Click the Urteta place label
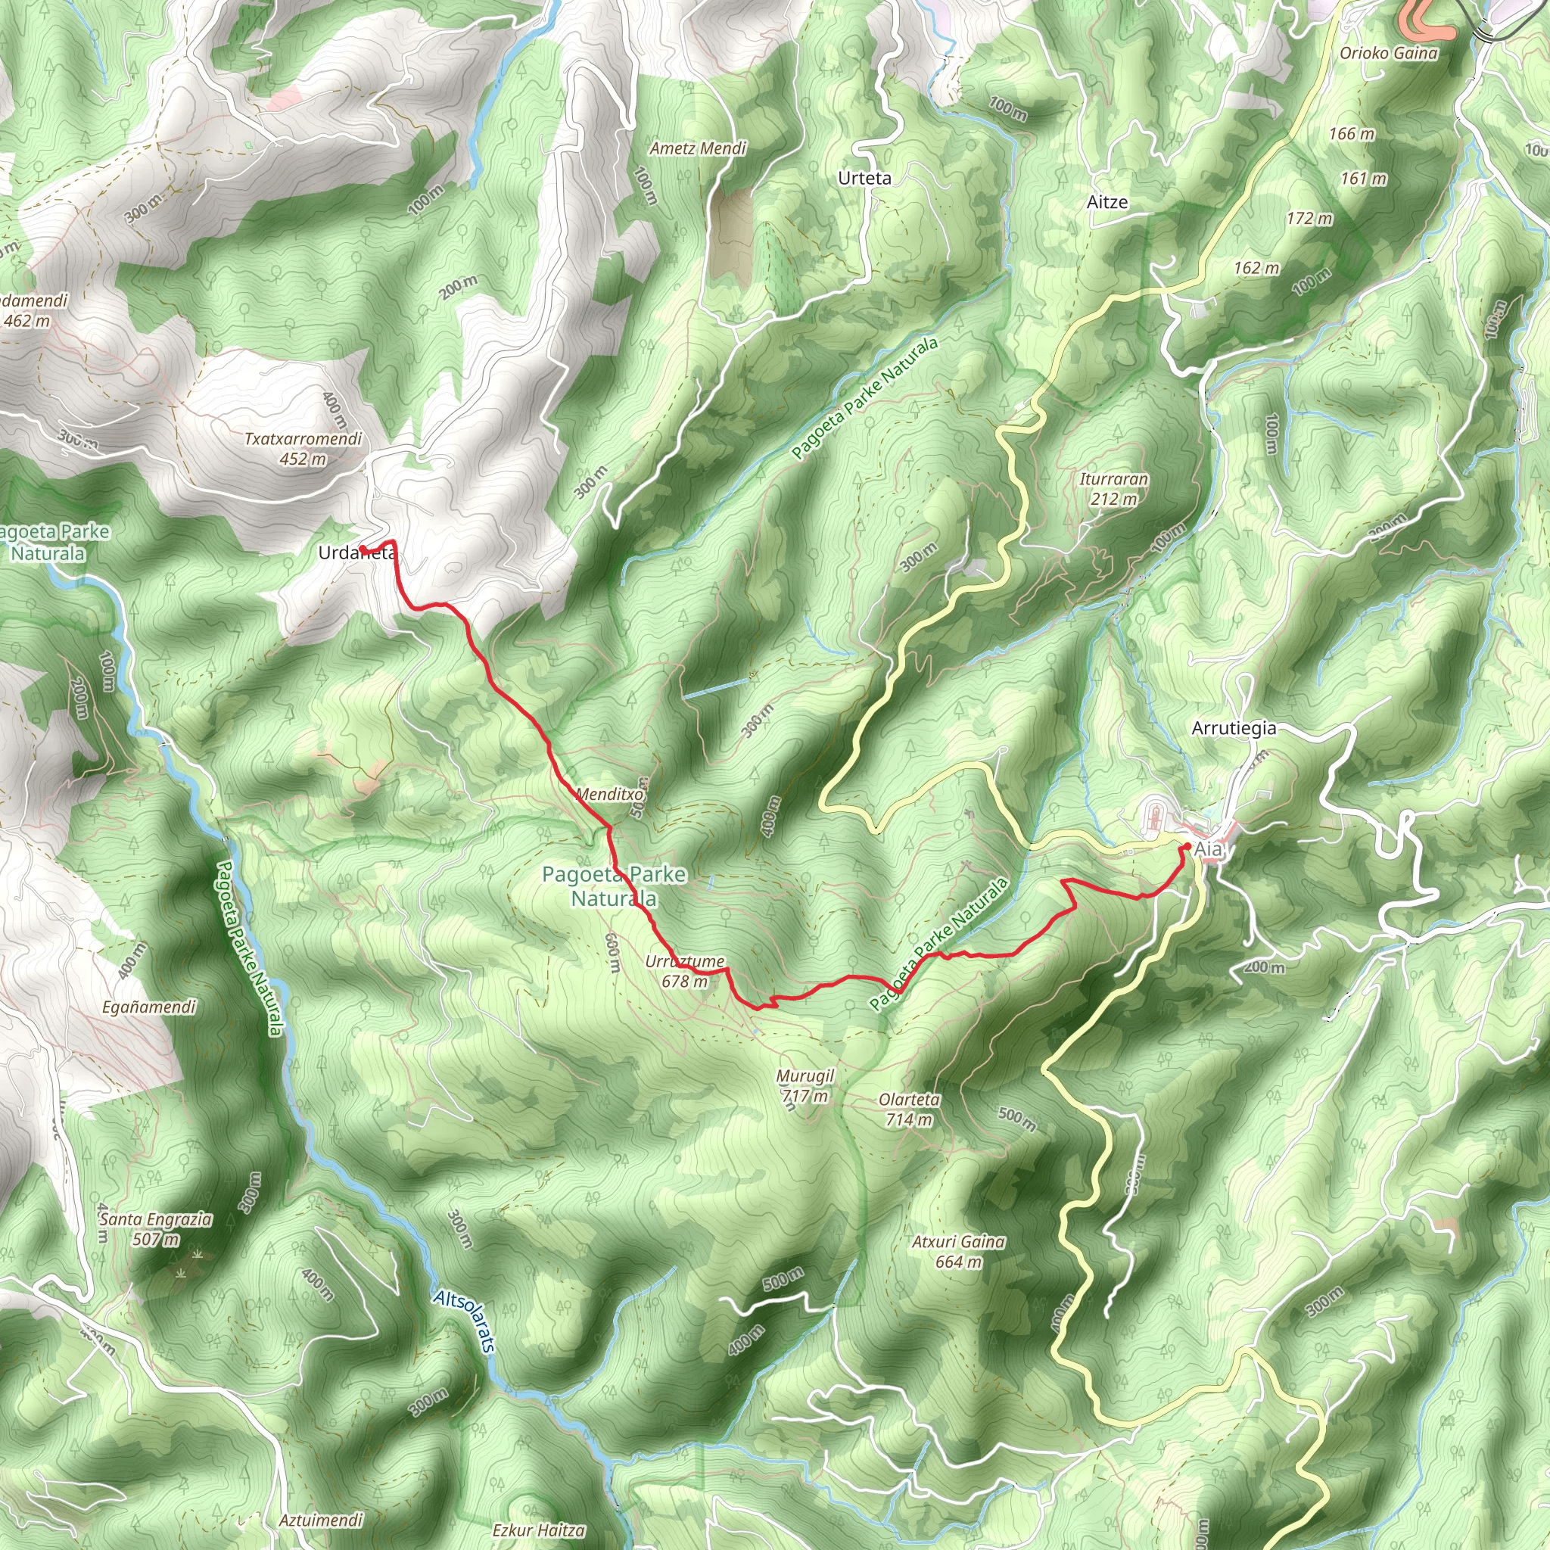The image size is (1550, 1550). click(864, 178)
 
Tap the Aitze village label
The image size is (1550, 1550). click(1107, 202)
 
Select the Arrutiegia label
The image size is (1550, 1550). click(1233, 729)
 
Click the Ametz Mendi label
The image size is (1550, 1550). click(698, 148)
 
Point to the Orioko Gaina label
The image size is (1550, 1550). click(1389, 54)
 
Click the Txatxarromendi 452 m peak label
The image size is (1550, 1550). click(303, 450)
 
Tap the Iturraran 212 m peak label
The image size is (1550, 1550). click(1113, 489)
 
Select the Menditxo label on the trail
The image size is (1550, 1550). click(610, 794)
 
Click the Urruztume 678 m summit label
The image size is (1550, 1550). click(684, 971)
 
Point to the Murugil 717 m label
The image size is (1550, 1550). click(805, 1085)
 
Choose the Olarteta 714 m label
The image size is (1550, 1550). click(909, 1110)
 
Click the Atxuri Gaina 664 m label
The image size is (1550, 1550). click(958, 1252)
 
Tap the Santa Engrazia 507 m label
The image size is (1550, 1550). click(156, 1229)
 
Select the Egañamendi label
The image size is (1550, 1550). click(149, 1007)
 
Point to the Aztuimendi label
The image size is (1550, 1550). click(321, 1520)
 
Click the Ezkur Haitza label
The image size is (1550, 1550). click(538, 1530)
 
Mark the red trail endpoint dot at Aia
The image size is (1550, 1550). click(1186, 846)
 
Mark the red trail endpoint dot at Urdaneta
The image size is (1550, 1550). click(363, 549)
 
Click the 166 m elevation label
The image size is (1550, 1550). click(1351, 134)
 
